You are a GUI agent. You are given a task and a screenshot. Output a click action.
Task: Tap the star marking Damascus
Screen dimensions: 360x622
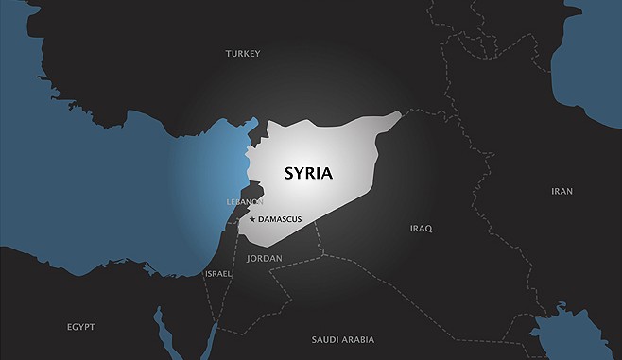[251, 219]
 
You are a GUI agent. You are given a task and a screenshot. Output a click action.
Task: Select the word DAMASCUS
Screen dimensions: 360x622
[280, 219]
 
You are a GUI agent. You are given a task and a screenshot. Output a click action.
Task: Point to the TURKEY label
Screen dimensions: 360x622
[243, 54]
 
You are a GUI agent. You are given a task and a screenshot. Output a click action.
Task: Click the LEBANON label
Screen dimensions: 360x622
[245, 202]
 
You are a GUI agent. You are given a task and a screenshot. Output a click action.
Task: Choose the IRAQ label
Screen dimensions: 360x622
[421, 229]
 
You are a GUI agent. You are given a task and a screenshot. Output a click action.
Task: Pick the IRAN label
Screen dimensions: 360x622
[562, 191]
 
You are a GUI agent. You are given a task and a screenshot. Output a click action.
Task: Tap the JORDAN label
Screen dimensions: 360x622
[264, 257]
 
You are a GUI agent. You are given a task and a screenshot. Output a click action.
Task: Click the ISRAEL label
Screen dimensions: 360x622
[217, 273]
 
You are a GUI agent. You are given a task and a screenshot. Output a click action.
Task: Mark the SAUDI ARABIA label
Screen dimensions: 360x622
[342, 338]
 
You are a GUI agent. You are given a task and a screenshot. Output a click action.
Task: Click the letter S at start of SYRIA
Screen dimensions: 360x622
[290, 173]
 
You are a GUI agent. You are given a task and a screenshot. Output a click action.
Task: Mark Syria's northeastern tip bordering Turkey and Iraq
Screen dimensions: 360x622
[400, 114]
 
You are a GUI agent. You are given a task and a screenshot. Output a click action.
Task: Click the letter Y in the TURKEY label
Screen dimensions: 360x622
[257, 54]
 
